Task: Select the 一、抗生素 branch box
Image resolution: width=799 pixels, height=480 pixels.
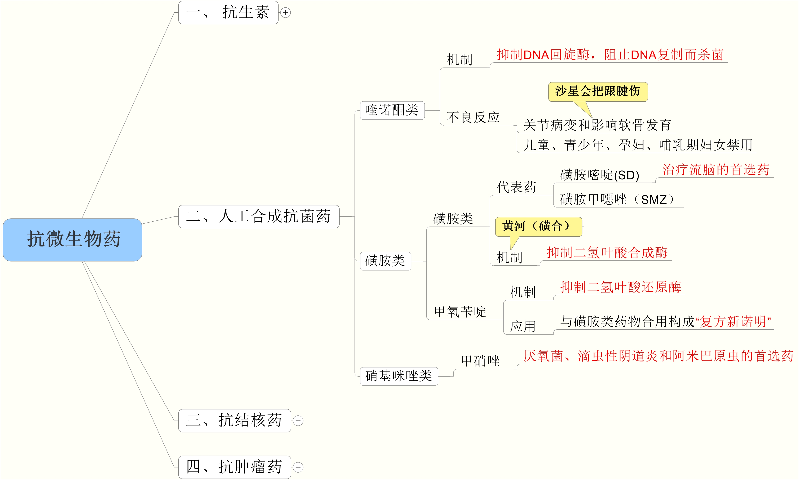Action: coord(228,13)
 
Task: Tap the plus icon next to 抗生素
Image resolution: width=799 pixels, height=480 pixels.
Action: coord(285,13)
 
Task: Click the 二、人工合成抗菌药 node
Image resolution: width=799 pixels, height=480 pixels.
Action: coord(259,216)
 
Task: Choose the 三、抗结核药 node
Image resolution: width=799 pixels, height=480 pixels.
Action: coord(234,421)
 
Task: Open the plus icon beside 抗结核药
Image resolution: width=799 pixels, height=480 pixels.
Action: coord(298,421)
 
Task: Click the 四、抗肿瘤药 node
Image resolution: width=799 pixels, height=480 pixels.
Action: coord(234,467)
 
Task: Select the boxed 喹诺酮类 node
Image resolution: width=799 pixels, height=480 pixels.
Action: coord(392,110)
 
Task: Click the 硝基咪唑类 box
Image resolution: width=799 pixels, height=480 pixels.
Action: coord(399,376)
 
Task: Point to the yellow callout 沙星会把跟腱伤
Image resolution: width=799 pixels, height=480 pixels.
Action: coord(598,92)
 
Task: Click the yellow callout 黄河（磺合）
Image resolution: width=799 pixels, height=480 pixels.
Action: coord(538,226)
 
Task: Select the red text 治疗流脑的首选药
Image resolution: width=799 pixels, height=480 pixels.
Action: coord(716,170)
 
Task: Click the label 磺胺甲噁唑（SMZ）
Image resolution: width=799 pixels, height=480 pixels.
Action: coord(617,200)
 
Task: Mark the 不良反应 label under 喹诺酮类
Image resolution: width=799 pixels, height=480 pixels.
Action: coord(473,117)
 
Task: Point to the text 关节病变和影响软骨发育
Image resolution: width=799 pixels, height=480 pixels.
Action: coord(597,125)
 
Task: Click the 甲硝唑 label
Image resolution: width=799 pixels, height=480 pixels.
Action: coord(481,361)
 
